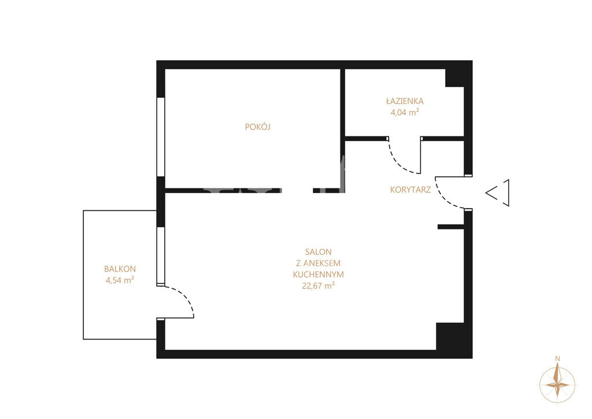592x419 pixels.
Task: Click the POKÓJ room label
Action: (x=257, y=127)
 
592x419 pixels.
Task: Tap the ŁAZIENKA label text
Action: (x=405, y=101)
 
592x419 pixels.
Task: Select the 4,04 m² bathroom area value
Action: (x=405, y=112)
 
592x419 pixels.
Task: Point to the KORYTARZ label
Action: (x=410, y=190)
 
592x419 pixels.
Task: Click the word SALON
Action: (x=319, y=252)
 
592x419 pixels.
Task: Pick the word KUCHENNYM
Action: (x=319, y=275)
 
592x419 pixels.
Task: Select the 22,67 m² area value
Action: (x=319, y=285)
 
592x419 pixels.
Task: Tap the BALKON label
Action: (x=120, y=269)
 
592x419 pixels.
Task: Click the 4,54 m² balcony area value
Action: (x=120, y=280)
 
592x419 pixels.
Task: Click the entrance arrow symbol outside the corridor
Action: (x=498, y=193)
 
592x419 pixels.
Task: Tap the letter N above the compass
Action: (x=557, y=358)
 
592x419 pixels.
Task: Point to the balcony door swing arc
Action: (x=185, y=296)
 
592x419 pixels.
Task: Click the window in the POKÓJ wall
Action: (x=161, y=137)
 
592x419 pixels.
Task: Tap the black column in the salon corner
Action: (x=450, y=336)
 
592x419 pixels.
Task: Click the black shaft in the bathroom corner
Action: (x=454, y=78)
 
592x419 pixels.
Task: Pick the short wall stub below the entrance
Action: (x=451, y=227)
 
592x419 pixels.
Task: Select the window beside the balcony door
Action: (x=161, y=256)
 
